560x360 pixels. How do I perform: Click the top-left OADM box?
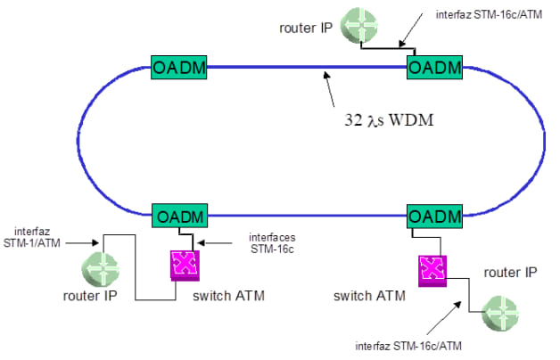[179, 67]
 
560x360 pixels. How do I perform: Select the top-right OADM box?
[435, 67]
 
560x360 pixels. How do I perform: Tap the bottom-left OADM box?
[179, 216]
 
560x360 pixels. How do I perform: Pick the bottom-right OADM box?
[435, 216]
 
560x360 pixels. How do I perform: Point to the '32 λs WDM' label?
[388, 119]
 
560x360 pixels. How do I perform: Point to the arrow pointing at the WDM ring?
[331, 90]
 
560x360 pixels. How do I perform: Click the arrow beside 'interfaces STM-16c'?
[212, 241]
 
